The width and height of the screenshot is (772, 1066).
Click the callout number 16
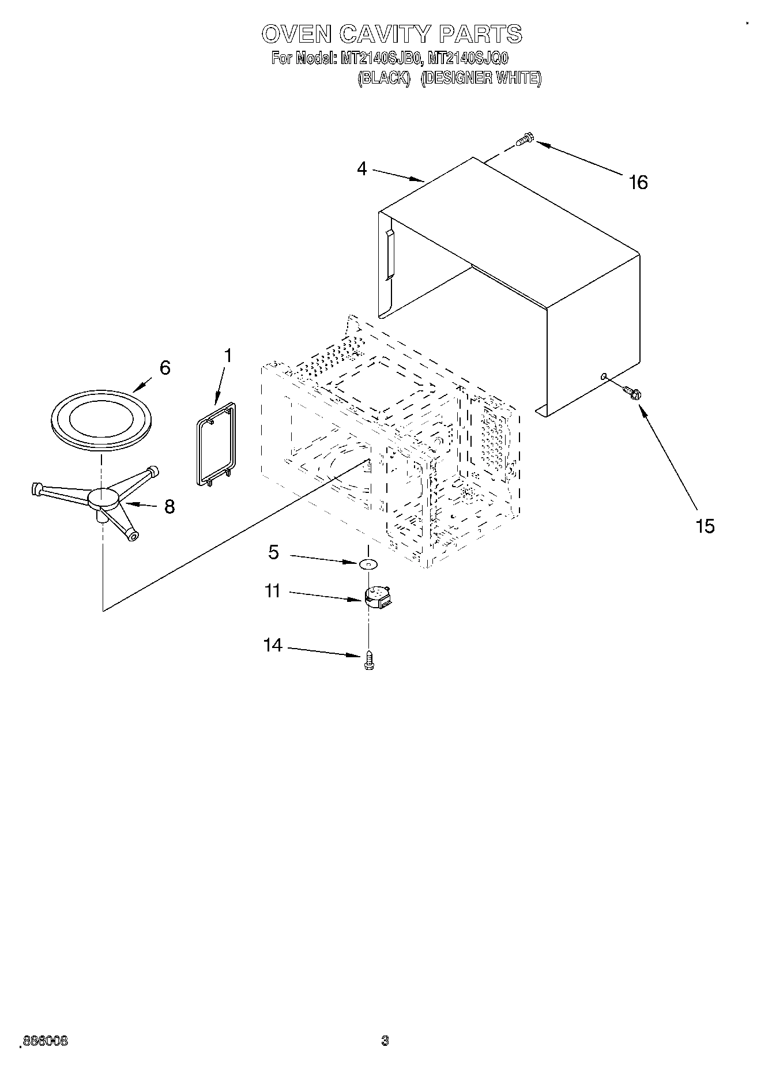point(638,182)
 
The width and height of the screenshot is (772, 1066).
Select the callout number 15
point(705,526)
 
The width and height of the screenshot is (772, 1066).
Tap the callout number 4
point(361,169)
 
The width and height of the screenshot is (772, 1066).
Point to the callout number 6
point(165,368)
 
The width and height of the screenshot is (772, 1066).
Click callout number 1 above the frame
point(228,356)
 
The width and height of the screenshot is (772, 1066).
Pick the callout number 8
point(169,507)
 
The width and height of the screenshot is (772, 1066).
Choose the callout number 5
point(273,552)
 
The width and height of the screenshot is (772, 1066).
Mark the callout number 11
point(272,591)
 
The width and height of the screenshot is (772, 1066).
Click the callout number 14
point(273,645)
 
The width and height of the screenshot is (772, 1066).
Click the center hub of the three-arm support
point(103,498)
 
